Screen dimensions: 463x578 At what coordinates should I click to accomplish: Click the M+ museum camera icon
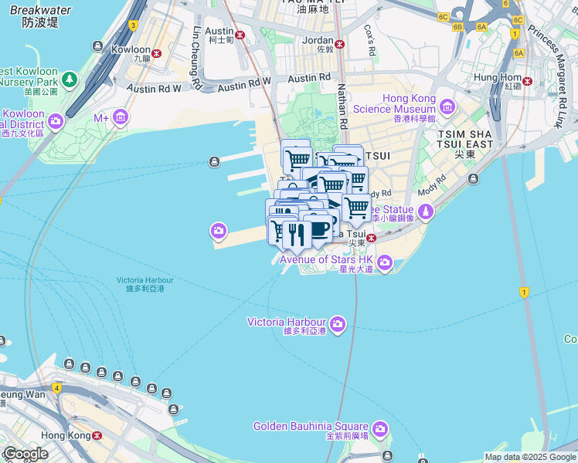click(x=120, y=117)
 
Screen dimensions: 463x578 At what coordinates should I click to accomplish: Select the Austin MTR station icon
click(x=240, y=35)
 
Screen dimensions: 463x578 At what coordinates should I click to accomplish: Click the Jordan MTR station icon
click(x=339, y=42)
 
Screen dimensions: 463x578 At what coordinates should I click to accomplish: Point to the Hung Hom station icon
click(x=528, y=81)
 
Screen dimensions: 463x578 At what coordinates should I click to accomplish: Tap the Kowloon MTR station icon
click(x=157, y=53)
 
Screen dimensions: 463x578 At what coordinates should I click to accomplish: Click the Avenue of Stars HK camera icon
click(x=386, y=265)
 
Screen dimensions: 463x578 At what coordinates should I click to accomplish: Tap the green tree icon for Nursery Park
click(x=70, y=79)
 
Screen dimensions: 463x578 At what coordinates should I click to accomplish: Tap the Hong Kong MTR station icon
click(x=97, y=435)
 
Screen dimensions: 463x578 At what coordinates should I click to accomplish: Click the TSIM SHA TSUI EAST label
click(x=464, y=144)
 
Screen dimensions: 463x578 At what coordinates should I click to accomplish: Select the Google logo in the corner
click(x=25, y=453)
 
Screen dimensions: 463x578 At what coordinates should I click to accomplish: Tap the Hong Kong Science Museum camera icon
click(x=446, y=105)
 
